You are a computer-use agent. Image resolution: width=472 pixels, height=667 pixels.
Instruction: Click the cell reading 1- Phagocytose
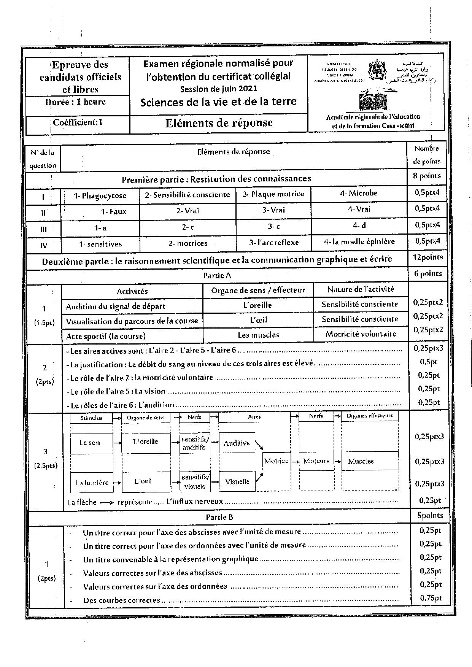[x=100, y=196]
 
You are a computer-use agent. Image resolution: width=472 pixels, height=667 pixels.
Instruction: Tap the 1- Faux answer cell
[x=113, y=211]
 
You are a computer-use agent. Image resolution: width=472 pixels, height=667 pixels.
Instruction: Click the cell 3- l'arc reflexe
[x=274, y=242]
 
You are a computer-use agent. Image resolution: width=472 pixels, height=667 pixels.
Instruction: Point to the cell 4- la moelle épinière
[x=359, y=241]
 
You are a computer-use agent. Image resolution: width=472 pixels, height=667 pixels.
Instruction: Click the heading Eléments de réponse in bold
[x=219, y=123]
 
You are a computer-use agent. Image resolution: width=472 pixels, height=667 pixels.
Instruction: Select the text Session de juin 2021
[x=218, y=89]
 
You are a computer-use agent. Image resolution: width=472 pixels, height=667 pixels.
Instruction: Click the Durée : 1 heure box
[x=75, y=102]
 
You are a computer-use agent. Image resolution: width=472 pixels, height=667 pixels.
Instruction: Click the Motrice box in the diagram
[x=276, y=461]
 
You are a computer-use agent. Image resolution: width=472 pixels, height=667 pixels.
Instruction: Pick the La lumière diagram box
[x=92, y=483]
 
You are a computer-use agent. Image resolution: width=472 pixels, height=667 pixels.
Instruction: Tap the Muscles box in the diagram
[x=361, y=461]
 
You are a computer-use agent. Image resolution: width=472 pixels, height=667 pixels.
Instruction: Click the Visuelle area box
[x=237, y=482]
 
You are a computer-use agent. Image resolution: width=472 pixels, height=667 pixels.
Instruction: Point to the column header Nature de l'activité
[x=360, y=289]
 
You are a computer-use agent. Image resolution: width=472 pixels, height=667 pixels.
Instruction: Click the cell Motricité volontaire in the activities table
[x=361, y=334]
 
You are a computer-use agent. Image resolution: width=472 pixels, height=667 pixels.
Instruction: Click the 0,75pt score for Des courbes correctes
[x=431, y=598]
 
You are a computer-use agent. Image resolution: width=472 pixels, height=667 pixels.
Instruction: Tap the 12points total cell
[x=428, y=257]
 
